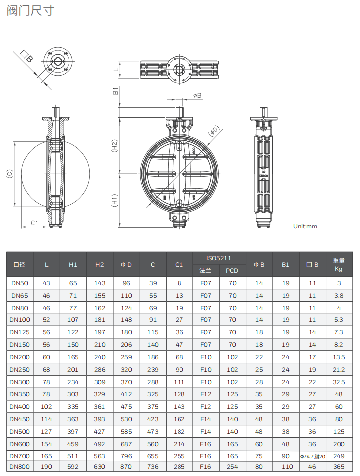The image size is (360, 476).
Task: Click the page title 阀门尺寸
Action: [30, 10]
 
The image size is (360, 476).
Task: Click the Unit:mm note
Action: [305, 226]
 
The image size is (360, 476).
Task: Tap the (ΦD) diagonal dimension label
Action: [213, 131]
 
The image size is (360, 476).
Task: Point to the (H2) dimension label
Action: [115, 146]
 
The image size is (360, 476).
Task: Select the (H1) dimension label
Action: [115, 200]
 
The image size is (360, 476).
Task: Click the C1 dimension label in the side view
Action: [34, 223]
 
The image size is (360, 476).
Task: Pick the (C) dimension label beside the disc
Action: [9, 174]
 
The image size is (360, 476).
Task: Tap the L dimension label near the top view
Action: [116, 70]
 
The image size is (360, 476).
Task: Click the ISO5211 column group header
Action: [219, 258]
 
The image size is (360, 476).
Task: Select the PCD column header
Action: [232, 271]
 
